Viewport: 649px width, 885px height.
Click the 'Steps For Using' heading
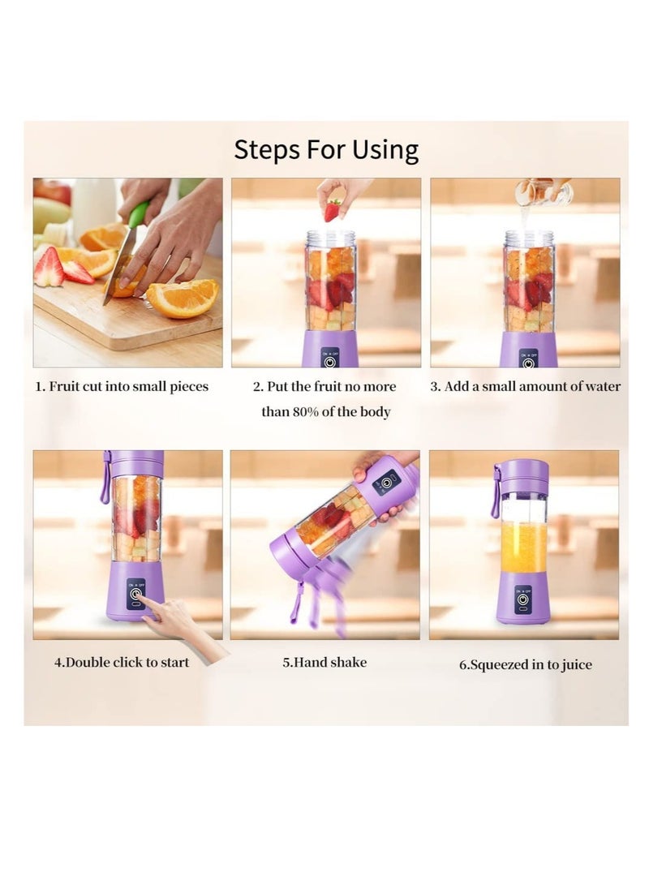(x=326, y=149)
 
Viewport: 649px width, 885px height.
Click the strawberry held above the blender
(x=333, y=210)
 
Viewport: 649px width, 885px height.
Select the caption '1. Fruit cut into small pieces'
(x=122, y=387)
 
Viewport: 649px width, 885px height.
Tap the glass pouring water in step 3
(x=543, y=191)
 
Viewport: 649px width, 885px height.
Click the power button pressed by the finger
(x=135, y=595)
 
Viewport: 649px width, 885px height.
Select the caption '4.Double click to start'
(x=122, y=662)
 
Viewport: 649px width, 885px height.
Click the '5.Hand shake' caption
(x=324, y=662)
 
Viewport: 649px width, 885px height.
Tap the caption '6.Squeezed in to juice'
(x=526, y=664)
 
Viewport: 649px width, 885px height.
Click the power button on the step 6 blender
(x=523, y=599)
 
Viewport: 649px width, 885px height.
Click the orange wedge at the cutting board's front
(x=183, y=298)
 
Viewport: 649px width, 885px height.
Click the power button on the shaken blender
(x=387, y=483)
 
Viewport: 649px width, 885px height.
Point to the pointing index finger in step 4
(x=153, y=612)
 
